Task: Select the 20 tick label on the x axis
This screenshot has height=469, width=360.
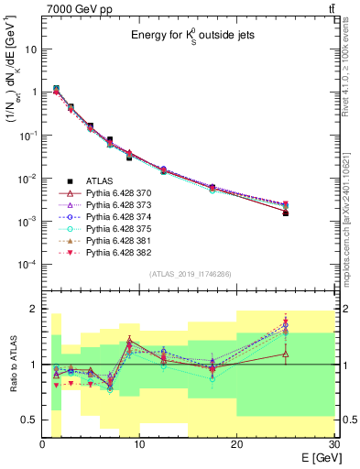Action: coord(236,443)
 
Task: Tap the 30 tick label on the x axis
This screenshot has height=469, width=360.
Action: coord(333,443)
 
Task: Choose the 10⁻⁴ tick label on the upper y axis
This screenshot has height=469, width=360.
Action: coord(27,265)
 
